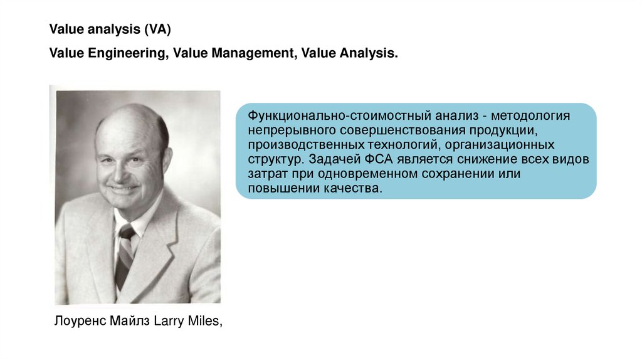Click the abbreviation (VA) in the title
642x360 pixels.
pyautogui.click(x=157, y=29)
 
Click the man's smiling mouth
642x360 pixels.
pyautogui.click(x=123, y=187)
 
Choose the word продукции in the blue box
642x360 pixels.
pyautogui.click(x=507, y=130)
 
